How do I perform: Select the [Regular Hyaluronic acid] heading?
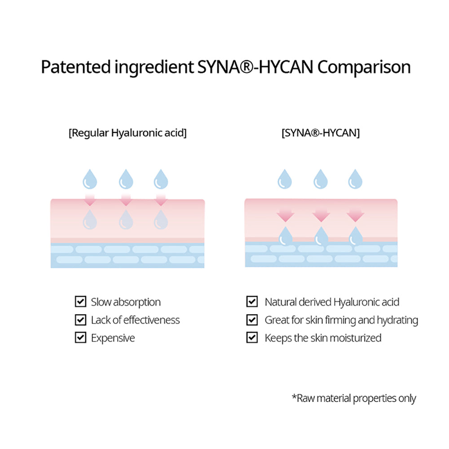128,133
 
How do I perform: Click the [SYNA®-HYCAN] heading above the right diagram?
321,133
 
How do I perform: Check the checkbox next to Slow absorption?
80,302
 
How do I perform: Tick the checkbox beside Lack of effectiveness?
80,320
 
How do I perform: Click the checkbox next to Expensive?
80,338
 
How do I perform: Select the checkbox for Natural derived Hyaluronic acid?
252,302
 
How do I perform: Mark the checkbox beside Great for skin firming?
252,320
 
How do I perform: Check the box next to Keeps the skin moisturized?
252,338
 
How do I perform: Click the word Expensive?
113,338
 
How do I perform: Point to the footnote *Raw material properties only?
354,398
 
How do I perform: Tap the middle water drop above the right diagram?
320,179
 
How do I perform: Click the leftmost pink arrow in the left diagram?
90,199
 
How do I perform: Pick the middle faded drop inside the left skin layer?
125,220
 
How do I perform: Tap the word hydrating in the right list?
397,320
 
